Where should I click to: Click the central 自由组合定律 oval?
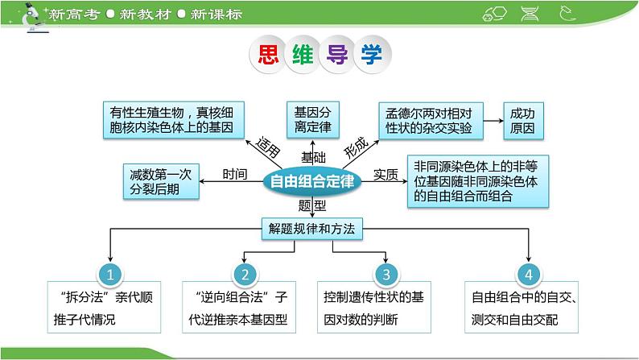point(312,181)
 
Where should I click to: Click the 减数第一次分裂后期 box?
point(159,181)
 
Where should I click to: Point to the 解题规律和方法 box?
point(311,229)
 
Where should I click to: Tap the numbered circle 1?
point(109,274)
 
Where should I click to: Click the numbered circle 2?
point(246,274)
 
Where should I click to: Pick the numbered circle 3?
point(386,274)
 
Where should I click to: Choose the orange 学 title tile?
point(373,55)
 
